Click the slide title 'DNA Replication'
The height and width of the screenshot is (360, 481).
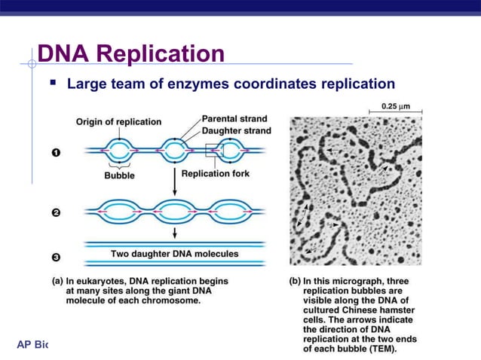130,54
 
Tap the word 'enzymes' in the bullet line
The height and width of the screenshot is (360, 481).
215,83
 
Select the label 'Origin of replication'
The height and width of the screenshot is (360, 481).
118,122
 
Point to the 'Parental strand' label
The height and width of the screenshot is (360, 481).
235,118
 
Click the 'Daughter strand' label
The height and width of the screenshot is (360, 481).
236,130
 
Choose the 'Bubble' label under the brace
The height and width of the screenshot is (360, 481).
119,175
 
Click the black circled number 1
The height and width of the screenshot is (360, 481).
56,154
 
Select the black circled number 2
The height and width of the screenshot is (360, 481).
56,213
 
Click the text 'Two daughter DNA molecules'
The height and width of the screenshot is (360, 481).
174,254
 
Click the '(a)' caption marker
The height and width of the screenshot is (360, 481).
57,279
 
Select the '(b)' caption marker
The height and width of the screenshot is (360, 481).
296,279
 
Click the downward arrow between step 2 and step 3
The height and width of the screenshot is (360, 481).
174,232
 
